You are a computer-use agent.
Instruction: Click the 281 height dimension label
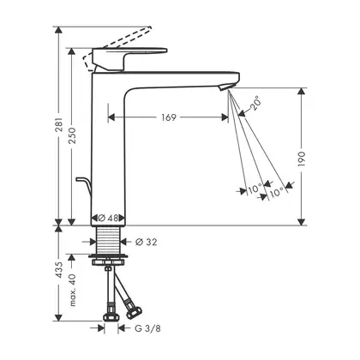(59, 124)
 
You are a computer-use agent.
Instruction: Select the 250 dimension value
(73, 135)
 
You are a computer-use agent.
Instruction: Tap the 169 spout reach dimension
(169, 117)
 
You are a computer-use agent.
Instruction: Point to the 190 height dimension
(302, 159)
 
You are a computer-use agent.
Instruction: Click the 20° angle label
(255, 104)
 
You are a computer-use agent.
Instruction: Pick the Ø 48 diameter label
(108, 218)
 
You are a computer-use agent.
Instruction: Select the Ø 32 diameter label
(147, 243)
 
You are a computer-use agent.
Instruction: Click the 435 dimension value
(59, 269)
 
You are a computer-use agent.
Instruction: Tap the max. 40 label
(73, 290)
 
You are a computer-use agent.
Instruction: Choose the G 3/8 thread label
(147, 328)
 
